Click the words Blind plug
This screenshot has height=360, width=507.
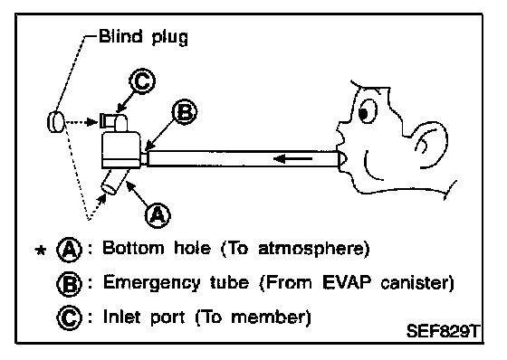[143, 37]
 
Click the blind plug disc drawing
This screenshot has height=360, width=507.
[55, 121]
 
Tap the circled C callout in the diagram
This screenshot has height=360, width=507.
[142, 81]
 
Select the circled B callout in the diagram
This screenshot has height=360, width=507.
[185, 112]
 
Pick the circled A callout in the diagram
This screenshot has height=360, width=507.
[158, 215]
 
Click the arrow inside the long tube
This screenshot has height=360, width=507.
[293, 158]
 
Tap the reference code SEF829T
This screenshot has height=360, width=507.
[443, 331]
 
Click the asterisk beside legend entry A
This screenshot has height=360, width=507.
[40, 251]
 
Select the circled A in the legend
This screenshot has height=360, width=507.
[69, 250]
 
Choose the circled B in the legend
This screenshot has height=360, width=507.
[69, 284]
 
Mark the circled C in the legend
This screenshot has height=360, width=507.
[69, 317]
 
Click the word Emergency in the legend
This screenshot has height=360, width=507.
[152, 283]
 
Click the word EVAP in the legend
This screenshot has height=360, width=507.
[347, 282]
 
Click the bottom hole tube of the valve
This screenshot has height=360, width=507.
[114, 182]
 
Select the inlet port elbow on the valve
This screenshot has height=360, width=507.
[114, 121]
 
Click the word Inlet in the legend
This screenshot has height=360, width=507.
[121, 317]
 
